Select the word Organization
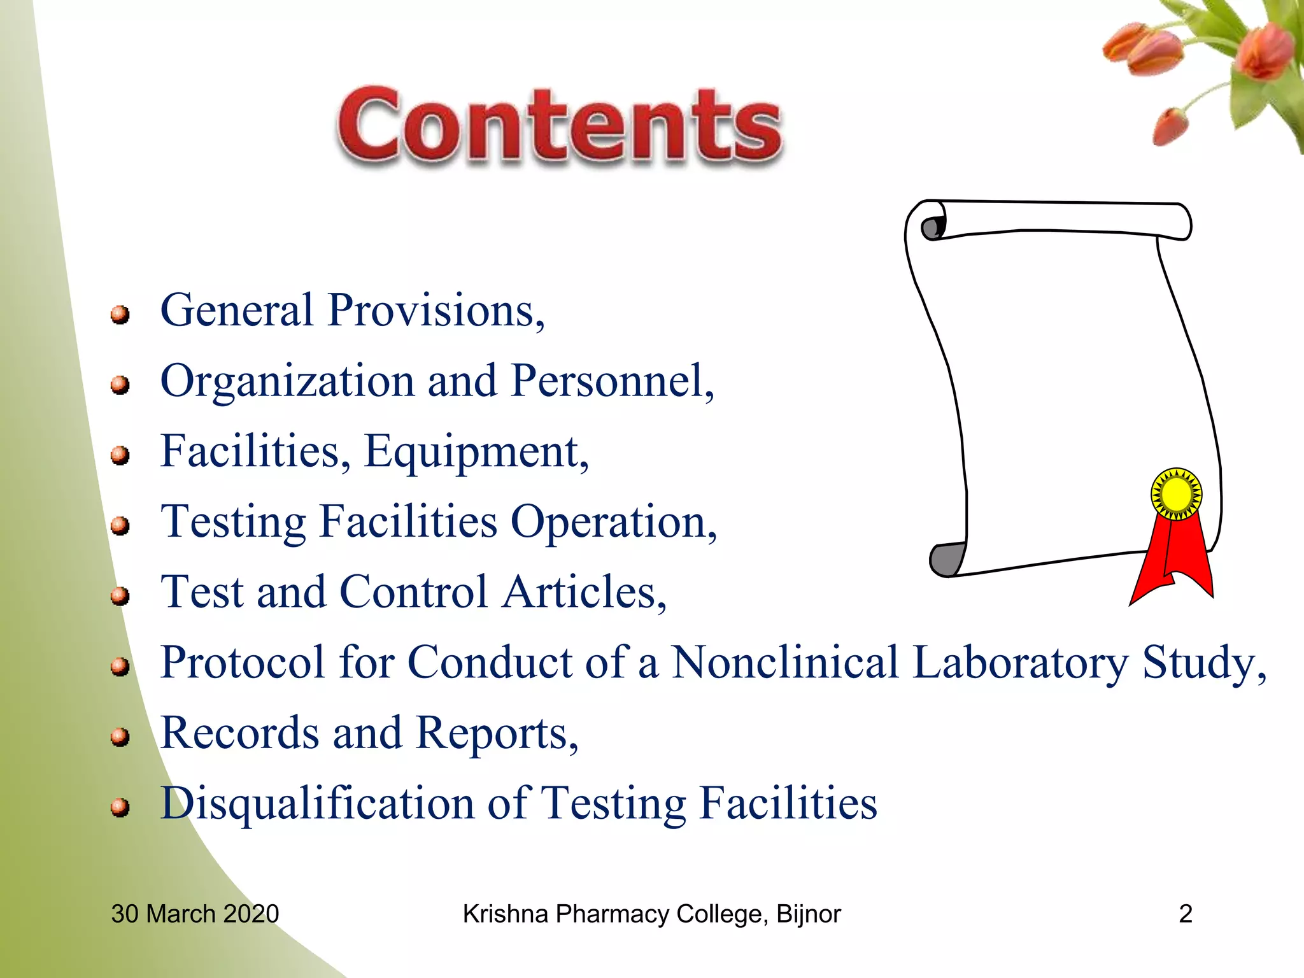click(287, 381)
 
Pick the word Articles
click(584, 592)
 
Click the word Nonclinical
click(785, 663)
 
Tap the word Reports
click(497, 733)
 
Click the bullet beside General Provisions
click(120, 315)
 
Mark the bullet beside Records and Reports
click(120, 737)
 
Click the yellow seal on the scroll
click(1176, 494)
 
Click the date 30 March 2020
click(195, 914)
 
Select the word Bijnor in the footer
click(809, 914)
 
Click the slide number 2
click(1186, 914)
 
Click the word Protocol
click(243, 663)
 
